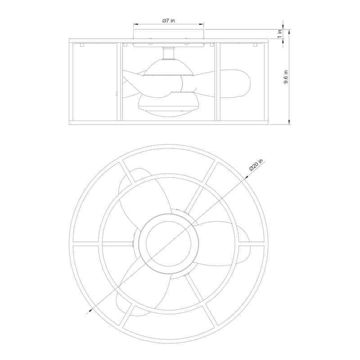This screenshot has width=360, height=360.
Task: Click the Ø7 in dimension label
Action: pyautogui.click(x=168, y=21)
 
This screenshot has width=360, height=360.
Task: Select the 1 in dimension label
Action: pyautogui.click(x=279, y=34)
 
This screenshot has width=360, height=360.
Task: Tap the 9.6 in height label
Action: pyautogui.click(x=286, y=77)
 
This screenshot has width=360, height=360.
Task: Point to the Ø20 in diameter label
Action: pyautogui.click(x=256, y=165)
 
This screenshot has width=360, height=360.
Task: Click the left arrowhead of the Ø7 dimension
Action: pyautogui.click(x=135, y=24)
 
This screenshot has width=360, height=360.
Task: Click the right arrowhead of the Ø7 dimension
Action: pyautogui.click(x=202, y=24)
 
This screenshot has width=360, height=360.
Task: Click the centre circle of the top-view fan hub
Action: pyautogui.click(x=168, y=244)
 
